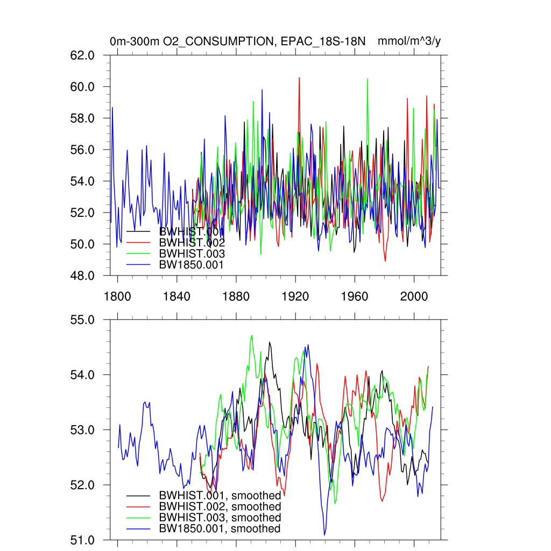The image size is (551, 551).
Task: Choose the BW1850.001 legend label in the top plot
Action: pyautogui.click(x=191, y=264)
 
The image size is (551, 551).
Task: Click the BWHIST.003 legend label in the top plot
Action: pyautogui.click(x=192, y=253)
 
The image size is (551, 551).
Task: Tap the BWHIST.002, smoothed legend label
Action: pyautogui.click(x=220, y=507)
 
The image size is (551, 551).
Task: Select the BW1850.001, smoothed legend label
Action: pyautogui.click(x=220, y=529)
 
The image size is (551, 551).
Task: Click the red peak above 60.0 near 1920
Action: pyautogui.click(x=299, y=78)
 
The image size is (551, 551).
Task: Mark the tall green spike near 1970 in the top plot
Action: pyautogui.click(x=367, y=79)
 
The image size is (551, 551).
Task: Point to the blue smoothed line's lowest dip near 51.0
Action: pyautogui.click(x=324, y=534)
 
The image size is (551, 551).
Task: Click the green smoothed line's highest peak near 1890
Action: pyautogui.click(x=252, y=335)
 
